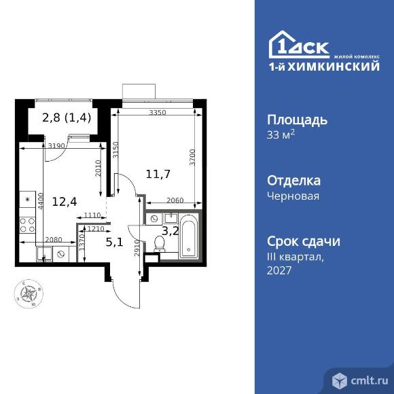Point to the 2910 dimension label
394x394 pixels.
138,248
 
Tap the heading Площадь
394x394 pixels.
296,120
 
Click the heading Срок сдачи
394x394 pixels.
303,242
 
